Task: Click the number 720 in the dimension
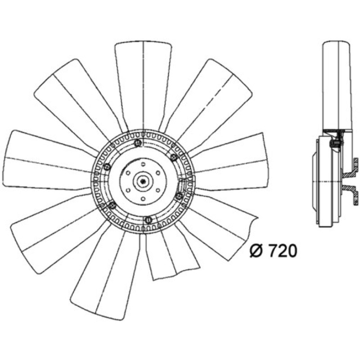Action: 283,251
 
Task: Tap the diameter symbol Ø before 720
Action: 256,251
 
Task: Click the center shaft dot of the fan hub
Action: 143,181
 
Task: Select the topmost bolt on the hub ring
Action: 138,143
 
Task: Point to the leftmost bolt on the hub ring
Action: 107,167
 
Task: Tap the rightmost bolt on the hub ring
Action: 179,196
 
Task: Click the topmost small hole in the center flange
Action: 143,164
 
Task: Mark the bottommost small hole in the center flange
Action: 143,199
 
